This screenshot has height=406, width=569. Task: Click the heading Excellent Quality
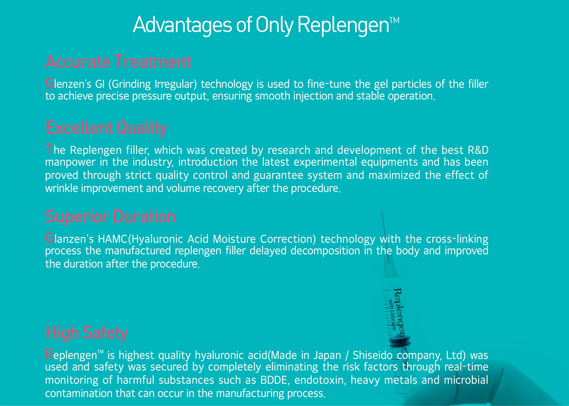pos(106,128)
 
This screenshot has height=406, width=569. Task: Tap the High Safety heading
pos(87,333)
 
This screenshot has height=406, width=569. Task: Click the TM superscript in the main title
pos(394,20)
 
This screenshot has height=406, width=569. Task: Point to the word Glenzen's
pos(68,84)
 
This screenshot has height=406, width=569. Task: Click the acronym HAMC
pos(113,239)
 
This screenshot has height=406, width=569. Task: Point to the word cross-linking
pos(457,239)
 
